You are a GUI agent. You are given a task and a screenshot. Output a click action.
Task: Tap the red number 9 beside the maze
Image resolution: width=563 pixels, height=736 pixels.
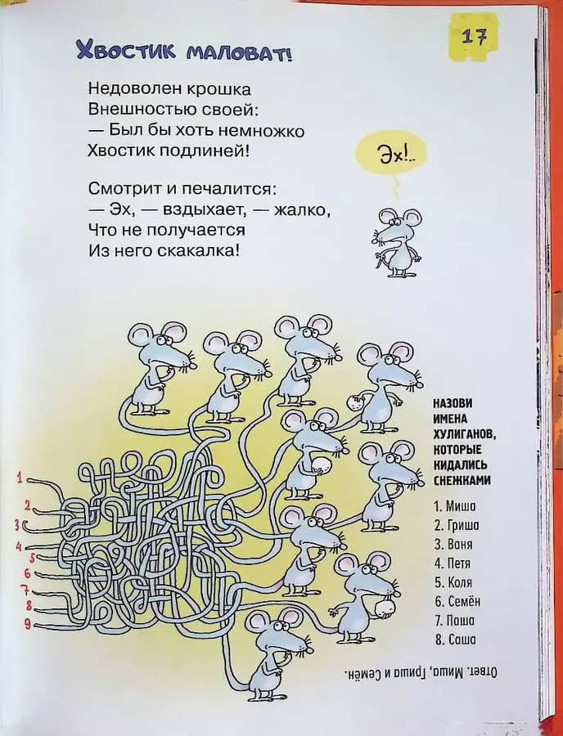27,626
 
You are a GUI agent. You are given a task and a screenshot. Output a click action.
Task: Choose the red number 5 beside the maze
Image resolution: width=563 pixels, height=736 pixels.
32,558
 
